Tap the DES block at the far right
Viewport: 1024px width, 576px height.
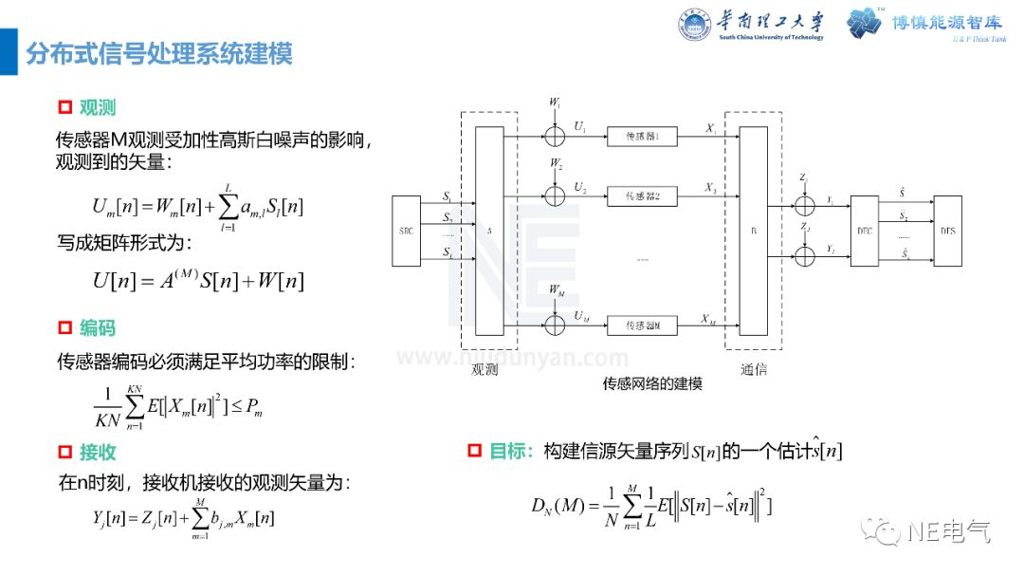(x=947, y=230)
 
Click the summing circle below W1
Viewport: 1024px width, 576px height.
(x=555, y=137)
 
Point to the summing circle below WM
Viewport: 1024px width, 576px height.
(x=555, y=325)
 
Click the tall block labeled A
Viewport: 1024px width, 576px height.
(x=489, y=231)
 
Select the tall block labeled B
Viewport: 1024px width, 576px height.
(x=753, y=231)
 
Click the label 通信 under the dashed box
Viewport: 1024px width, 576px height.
(x=753, y=370)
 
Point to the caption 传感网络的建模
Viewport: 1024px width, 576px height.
(x=652, y=383)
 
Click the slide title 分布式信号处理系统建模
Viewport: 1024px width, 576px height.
(x=159, y=52)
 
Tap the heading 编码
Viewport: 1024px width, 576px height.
(x=98, y=327)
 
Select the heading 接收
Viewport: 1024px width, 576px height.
(x=98, y=452)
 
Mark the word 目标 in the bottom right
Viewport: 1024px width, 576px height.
(x=511, y=452)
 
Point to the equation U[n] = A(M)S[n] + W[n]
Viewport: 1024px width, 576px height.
(x=197, y=282)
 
